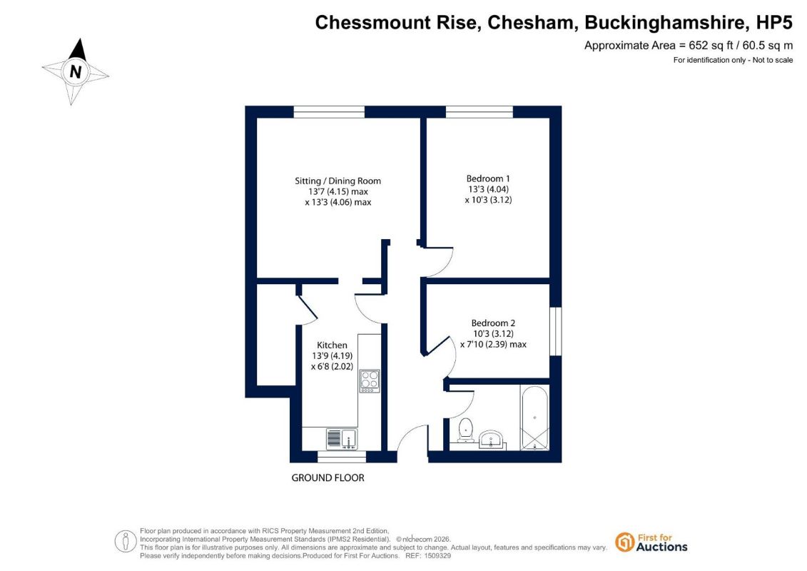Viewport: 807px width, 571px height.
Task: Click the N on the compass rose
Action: tap(76, 71)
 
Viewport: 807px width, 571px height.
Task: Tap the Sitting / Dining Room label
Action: tap(337, 181)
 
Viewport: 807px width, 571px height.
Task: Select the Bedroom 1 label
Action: tap(488, 178)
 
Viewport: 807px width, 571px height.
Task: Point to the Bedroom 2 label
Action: tap(493, 323)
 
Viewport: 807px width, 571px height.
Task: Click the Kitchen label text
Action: tap(332, 345)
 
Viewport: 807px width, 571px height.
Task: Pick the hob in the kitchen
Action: tap(370, 381)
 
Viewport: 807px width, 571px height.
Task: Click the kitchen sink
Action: tap(342, 439)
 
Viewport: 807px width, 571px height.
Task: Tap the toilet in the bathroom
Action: tap(465, 430)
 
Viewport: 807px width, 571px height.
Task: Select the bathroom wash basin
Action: tap(492, 440)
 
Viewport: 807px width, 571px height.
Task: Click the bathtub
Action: tap(534, 418)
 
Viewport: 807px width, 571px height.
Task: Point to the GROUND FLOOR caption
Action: tap(328, 477)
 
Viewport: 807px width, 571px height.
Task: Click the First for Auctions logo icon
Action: tap(625, 542)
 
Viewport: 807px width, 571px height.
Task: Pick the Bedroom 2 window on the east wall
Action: tap(555, 332)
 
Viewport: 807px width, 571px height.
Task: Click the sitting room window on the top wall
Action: tap(329, 112)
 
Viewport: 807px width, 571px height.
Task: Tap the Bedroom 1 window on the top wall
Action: tap(479, 112)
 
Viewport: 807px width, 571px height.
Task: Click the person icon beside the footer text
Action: tap(126, 542)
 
